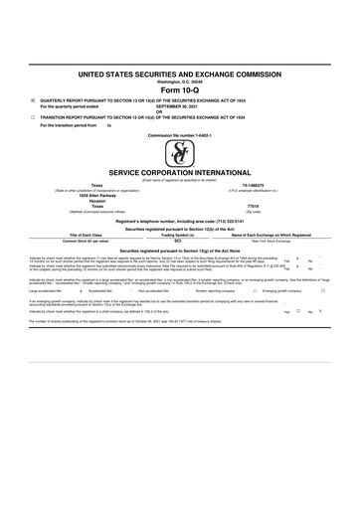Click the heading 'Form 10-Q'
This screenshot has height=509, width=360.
pos(180,90)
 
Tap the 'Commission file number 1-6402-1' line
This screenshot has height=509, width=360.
pos(180,135)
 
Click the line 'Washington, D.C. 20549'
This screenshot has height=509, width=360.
pos(180,82)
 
